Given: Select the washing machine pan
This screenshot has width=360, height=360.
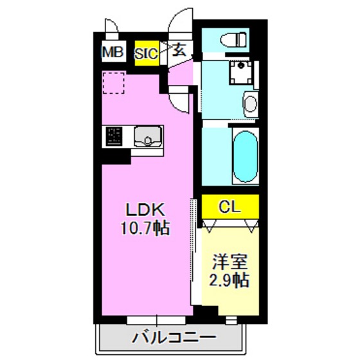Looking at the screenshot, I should click(x=241, y=73).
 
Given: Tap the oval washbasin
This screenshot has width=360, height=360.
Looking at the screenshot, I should click(x=250, y=103).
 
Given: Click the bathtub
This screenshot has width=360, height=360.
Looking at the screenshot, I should click(x=244, y=157).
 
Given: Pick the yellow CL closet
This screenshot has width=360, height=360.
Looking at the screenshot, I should click(x=230, y=207).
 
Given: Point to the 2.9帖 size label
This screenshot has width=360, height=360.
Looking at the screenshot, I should click(x=230, y=280).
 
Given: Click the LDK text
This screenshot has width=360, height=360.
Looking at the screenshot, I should click(x=145, y=210).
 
